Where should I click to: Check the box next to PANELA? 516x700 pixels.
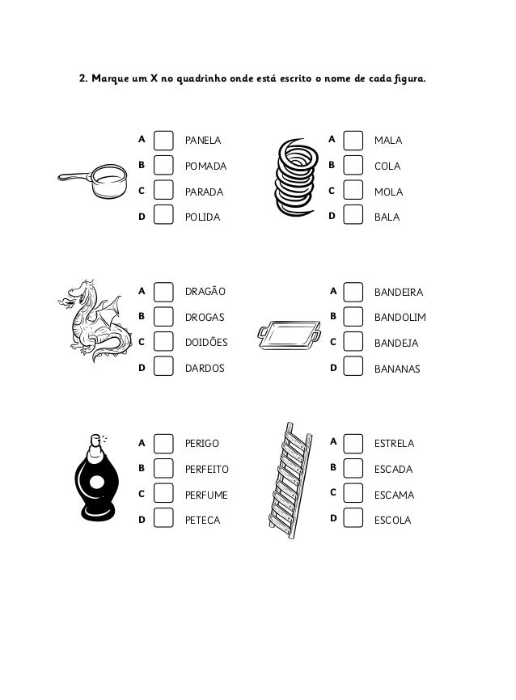pos(163,141)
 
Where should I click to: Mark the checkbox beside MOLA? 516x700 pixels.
pos(353,191)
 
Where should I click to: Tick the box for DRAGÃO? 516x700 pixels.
pos(163,291)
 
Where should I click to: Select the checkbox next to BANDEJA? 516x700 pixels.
pos(353,342)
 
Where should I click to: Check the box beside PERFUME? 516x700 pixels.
pos(163,494)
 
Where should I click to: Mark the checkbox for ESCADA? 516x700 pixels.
pos(353,468)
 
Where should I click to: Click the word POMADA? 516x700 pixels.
pos(205,167)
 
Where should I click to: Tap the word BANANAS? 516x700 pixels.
pos(397,369)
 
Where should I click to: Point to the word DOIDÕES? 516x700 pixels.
pos(206,343)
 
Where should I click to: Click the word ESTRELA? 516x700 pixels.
pos(395,444)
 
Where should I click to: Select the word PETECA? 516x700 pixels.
pos(202,520)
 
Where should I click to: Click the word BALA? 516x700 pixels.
pos(387,217)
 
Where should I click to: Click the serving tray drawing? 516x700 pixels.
pos(289,333)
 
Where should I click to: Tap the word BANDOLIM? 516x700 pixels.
pos(400,318)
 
